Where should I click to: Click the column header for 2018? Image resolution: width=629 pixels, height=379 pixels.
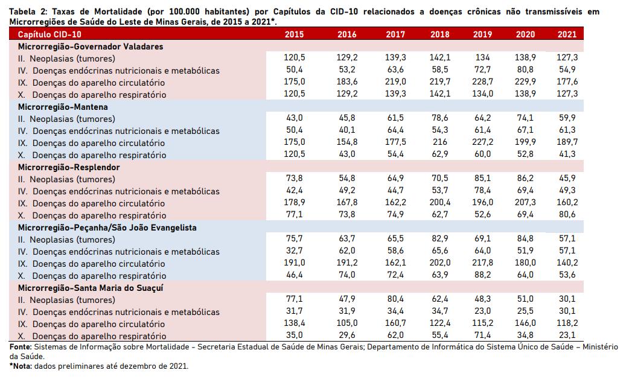439,34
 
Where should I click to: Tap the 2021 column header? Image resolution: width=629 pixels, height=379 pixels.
567,34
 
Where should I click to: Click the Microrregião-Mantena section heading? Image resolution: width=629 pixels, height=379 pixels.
63,107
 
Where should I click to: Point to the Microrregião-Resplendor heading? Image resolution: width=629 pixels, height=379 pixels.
69,167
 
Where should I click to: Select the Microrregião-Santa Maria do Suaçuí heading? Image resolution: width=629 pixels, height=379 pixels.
91,288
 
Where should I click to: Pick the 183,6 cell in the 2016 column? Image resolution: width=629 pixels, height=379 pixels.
347,81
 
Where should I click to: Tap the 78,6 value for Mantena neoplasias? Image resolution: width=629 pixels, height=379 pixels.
439,118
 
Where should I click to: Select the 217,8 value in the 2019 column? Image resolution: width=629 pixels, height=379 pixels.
482,263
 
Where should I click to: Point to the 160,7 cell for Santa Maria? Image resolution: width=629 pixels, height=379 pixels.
396,323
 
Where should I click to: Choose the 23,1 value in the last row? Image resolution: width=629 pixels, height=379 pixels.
567,335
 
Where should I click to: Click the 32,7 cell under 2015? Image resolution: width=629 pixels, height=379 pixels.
295,250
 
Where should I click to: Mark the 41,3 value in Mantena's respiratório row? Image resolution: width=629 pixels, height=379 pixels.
567,154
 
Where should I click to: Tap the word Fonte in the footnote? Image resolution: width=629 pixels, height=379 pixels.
20,347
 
